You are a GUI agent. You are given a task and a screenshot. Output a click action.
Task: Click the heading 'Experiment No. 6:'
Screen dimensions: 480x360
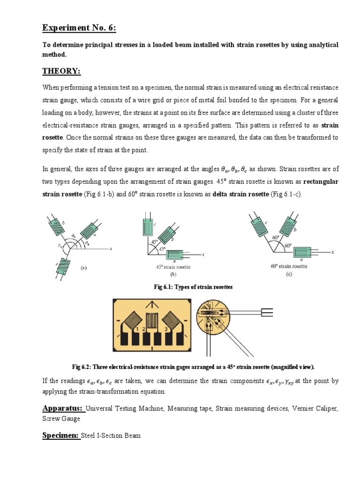coord(79,29)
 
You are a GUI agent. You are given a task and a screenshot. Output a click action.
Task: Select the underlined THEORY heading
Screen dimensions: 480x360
coord(61,71)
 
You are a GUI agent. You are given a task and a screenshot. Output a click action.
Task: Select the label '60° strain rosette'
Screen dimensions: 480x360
coord(289,266)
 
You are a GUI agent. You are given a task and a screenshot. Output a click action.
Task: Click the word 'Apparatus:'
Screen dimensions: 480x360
coord(64,408)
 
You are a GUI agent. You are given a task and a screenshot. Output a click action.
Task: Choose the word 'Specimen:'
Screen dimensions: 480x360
coord(61,435)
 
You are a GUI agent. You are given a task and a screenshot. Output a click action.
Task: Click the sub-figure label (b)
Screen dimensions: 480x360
coord(172,274)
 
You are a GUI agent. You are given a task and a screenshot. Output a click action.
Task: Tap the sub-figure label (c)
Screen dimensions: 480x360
coord(289,275)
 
